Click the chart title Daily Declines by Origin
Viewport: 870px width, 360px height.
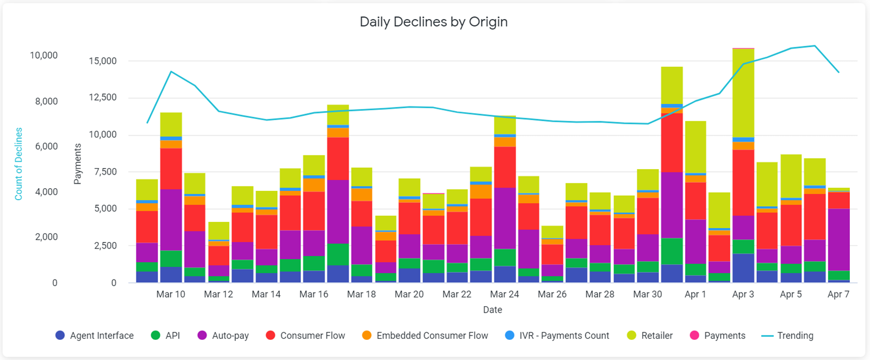pyautogui.click(x=433, y=22)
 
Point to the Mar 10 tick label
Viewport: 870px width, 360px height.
pyautogui.click(x=171, y=294)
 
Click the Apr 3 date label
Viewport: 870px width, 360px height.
pyautogui.click(x=743, y=294)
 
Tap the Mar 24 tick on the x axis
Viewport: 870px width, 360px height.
pyautogui.click(x=505, y=294)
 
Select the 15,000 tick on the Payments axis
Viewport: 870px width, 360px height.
pyautogui.click(x=103, y=61)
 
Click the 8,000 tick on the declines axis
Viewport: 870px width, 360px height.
pyautogui.click(x=43, y=101)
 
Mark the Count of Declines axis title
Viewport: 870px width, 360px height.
pyautogui.click(x=18, y=164)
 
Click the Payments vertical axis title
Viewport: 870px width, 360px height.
pyautogui.click(x=77, y=164)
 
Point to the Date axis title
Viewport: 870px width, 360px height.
pyautogui.click(x=493, y=309)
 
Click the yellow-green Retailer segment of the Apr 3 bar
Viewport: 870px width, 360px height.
pyautogui.click(x=743, y=92)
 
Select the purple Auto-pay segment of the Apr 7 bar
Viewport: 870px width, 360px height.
pyautogui.click(x=838, y=239)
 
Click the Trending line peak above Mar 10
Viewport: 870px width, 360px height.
pyautogui.click(x=171, y=71)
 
